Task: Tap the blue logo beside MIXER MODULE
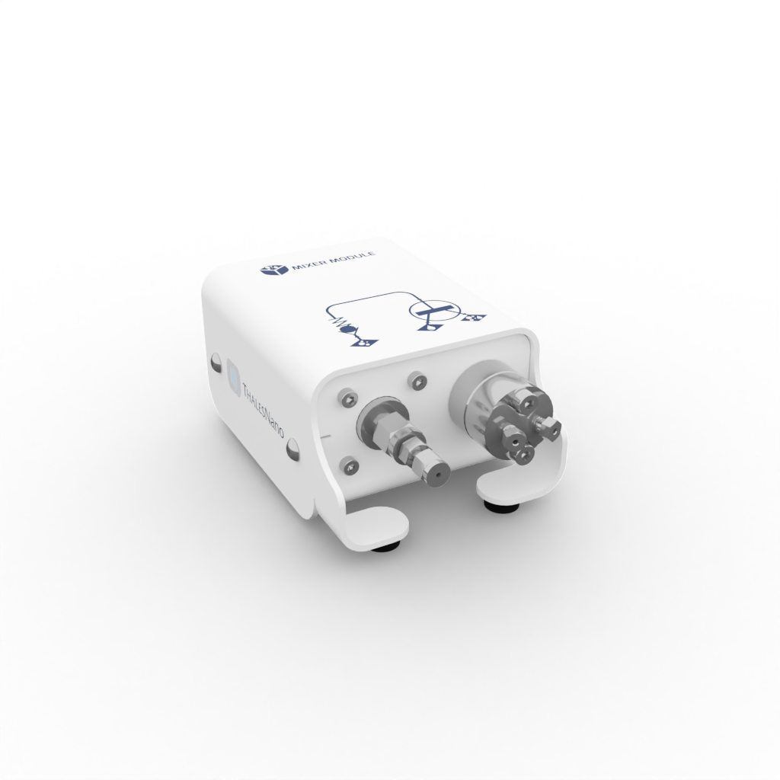click(x=270, y=270)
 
